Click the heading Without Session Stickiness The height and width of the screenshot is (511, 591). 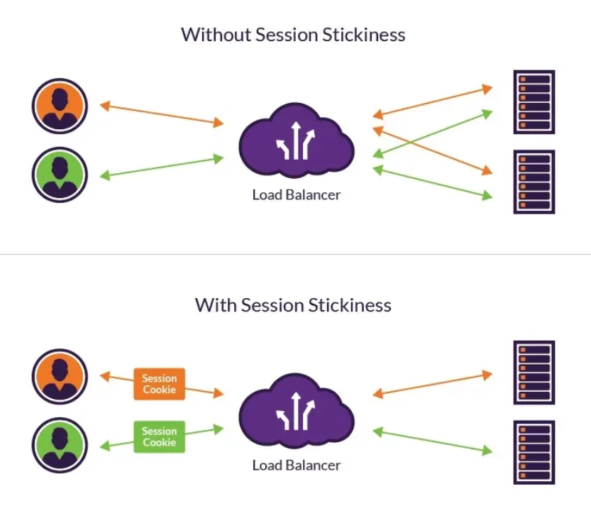click(293, 34)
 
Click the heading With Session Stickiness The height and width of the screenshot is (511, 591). click(293, 305)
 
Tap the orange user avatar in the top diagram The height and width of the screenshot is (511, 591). click(60, 106)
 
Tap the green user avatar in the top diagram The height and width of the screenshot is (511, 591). click(60, 175)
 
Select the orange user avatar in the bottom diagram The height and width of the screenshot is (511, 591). click(60, 377)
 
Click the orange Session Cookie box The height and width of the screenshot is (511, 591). click(159, 384)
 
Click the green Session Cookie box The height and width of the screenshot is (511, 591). click(159, 436)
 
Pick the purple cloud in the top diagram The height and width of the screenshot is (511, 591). click(296, 142)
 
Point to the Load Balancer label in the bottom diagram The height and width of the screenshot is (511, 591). click(296, 466)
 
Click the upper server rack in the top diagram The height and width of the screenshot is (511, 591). click(534, 102)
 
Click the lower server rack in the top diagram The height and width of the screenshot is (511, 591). click(534, 182)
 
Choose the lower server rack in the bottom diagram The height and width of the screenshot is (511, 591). click(534, 453)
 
